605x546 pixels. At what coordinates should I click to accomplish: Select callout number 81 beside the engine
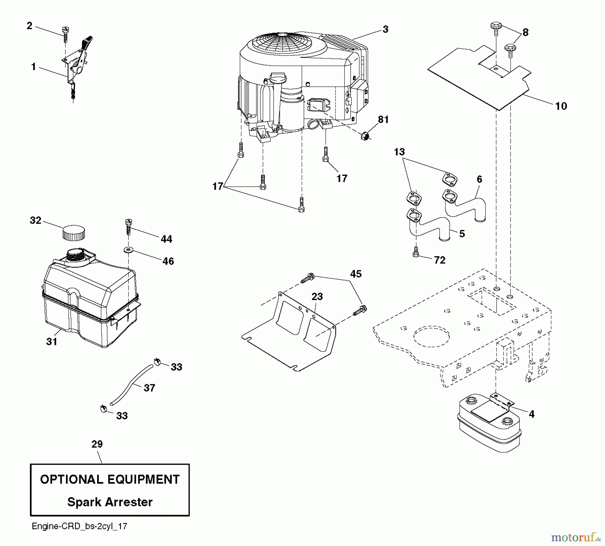coord(383,120)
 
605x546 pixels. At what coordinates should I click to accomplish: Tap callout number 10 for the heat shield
coord(561,106)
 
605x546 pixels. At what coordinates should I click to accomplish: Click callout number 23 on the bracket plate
coord(317,297)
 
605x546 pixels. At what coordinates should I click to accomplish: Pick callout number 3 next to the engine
coord(385,30)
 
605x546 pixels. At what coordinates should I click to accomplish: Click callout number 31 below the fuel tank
coord(52,342)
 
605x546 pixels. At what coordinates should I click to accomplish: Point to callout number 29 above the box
coord(97,444)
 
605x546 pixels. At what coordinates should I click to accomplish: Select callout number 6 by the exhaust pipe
coord(479,180)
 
